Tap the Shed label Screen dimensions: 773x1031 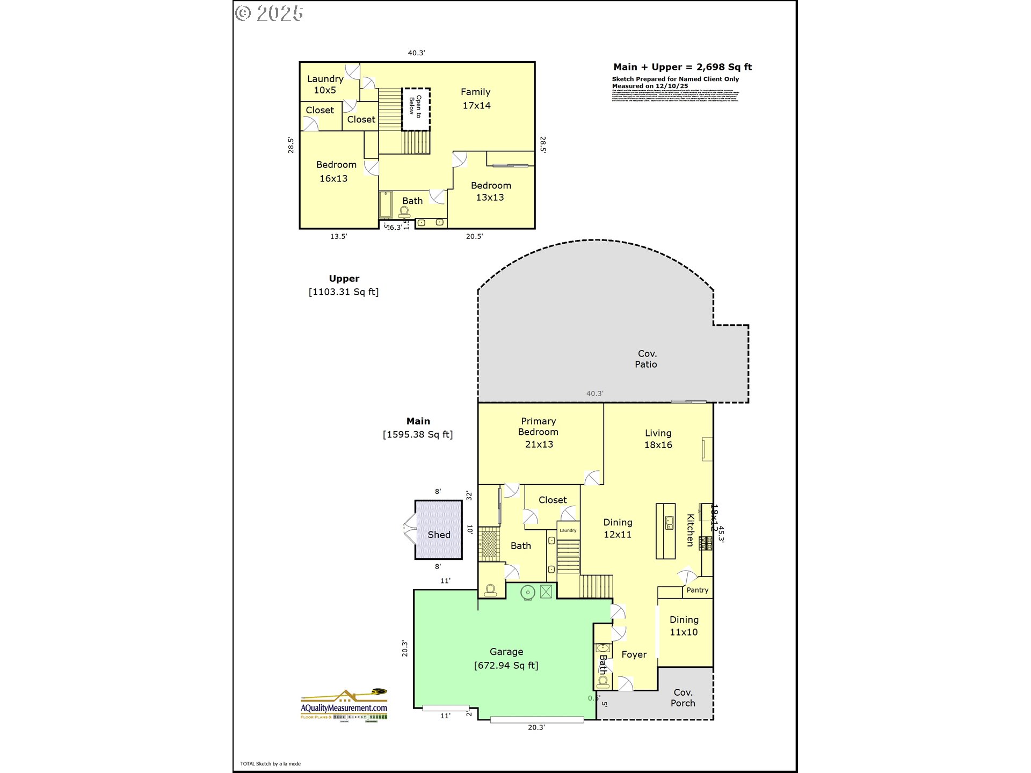point(439,535)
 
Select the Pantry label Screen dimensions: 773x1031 point(697,590)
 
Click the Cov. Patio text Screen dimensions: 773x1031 point(646,359)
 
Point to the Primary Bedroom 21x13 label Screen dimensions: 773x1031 point(539,433)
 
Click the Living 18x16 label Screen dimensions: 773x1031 point(658,439)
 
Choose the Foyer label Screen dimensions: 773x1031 point(634,654)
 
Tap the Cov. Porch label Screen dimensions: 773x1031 point(683,698)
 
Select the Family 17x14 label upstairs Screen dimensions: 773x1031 point(476,99)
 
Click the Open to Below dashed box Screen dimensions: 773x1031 point(416,109)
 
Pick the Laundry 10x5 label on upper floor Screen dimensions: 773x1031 point(325,84)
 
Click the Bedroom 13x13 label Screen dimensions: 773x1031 point(490,191)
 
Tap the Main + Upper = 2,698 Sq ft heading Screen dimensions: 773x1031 point(682,67)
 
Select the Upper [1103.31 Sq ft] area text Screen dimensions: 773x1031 point(344,286)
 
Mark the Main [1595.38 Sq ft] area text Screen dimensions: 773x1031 point(418,428)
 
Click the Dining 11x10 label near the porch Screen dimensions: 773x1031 point(684,626)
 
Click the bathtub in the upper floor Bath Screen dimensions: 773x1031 point(386,205)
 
